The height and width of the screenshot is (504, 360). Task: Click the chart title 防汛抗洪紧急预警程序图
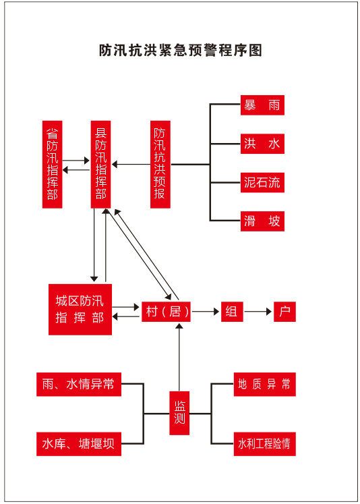tap(181, 51)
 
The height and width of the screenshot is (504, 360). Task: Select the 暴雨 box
tap(262, 105)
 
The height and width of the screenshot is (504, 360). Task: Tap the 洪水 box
tap(262, 144)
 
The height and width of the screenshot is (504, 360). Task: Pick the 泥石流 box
tap(262, 183)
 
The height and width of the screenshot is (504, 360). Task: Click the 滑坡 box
tap(262, 221)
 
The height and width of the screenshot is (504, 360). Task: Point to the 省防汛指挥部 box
tap(53, 165)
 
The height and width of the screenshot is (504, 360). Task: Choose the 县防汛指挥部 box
tap(101, 165)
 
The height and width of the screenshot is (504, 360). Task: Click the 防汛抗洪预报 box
tap(160, 165)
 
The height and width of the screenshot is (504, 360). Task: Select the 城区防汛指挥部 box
tap(80, 310)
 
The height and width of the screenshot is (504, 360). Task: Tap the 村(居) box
tap(166, 312)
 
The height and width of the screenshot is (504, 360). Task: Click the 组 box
tap(232, 312)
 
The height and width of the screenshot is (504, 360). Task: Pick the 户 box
tap(284, 312)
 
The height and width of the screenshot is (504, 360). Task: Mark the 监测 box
tap(179, 413)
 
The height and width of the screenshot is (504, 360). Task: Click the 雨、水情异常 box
tap(79, 385)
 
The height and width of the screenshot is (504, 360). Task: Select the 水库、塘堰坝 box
tap(79, 444)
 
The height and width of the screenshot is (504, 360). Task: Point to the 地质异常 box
tap(265, 385)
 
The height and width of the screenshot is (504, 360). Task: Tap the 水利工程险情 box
tap(265, 444)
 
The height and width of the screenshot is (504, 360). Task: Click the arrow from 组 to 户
tap(258, 312)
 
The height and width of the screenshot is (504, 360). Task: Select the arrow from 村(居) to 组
tap(206, 312)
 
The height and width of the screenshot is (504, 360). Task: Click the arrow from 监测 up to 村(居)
tap(179, 357)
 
